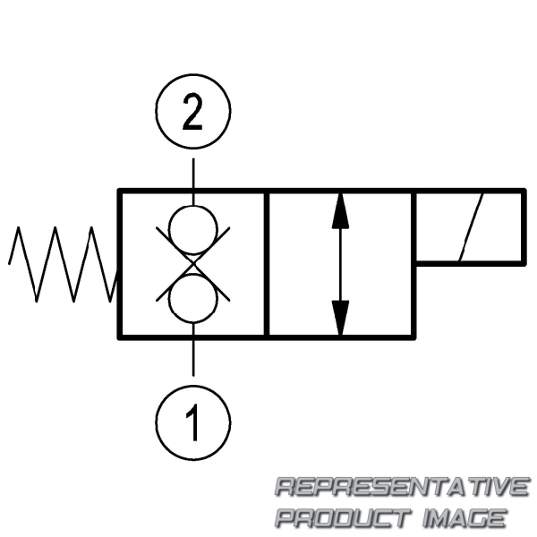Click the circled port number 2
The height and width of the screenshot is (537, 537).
click(193, 113)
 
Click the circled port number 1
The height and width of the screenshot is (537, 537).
click(193, 420)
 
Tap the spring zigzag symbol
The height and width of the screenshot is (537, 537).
click(63, 264)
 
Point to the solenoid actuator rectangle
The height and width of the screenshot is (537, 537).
click(468, 227)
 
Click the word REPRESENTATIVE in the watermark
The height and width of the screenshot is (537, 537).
click(401, 488)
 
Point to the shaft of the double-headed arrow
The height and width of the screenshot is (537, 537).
click(339, 264)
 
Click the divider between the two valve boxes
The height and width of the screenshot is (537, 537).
click(268, 264)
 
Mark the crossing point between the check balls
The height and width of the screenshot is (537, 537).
click(193, 263)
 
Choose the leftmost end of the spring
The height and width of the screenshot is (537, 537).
click(10, 263)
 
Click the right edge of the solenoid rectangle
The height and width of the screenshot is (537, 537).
click(523, 227)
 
